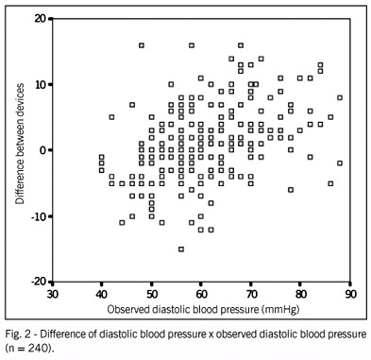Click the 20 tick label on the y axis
tap(41, 19)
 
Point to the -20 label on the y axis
tap(39, 282)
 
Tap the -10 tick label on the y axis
tap(39, 216)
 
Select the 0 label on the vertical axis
tap(43, 150)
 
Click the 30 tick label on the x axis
tap(52, 294)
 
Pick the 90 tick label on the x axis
tap(350, 294)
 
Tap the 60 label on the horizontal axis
tap(201, 294)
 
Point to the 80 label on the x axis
tap(300, 294)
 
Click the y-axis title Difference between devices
tap(20, 144)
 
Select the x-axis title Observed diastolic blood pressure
tap(182, 309)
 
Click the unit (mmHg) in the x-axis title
tap(279, 310)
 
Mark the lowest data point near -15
tap(181, 249)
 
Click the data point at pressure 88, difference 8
tap(340, 97)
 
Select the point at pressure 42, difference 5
tap(111, 117)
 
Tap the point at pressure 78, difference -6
tap(291, 190)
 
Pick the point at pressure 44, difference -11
tap(122, 223)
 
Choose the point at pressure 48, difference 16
tap(142, 45)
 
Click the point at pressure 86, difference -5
tap(330, 183)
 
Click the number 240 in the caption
tap(37, 348)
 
